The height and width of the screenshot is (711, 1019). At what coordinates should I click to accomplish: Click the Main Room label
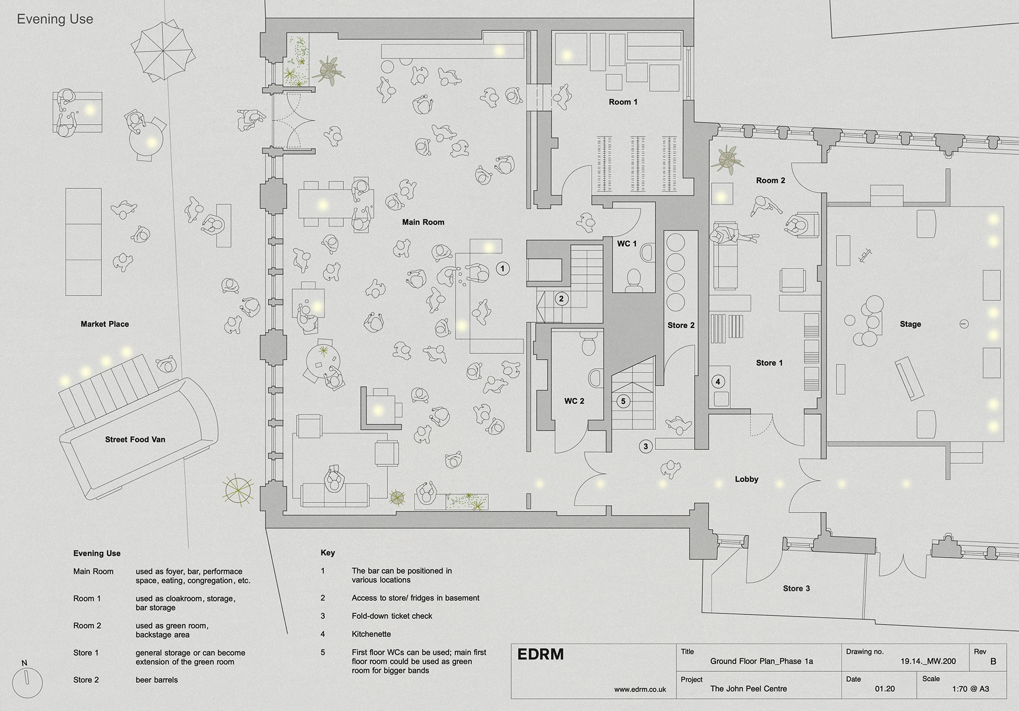423,222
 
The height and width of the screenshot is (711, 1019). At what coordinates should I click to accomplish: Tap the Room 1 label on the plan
623,102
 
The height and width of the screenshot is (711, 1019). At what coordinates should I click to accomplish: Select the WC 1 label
626,244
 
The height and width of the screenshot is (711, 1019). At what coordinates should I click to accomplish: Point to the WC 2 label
574,401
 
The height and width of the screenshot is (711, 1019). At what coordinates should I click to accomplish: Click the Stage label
910,324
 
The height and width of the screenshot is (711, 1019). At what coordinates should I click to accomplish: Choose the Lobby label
747,479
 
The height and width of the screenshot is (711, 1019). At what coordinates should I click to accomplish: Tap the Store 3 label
797,588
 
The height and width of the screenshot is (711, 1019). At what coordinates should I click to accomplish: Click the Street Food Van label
135,439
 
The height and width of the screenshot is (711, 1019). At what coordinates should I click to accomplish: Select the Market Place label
105,324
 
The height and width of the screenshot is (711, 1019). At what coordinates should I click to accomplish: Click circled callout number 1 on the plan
503,268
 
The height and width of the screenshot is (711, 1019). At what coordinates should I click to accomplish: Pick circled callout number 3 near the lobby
645,446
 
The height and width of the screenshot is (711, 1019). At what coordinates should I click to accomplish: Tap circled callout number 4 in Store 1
718,381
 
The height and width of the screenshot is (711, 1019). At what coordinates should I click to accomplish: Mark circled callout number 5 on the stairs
623,401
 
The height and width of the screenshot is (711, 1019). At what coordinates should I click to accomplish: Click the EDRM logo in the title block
540,654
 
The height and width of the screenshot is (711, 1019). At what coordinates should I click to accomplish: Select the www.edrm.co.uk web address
640,689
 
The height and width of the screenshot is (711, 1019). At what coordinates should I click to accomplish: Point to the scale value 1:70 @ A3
971,689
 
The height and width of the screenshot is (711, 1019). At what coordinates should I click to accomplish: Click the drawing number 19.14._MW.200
928,661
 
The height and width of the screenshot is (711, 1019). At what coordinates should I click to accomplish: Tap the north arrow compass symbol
27,682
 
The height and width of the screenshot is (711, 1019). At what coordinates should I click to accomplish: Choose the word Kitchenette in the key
371,634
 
